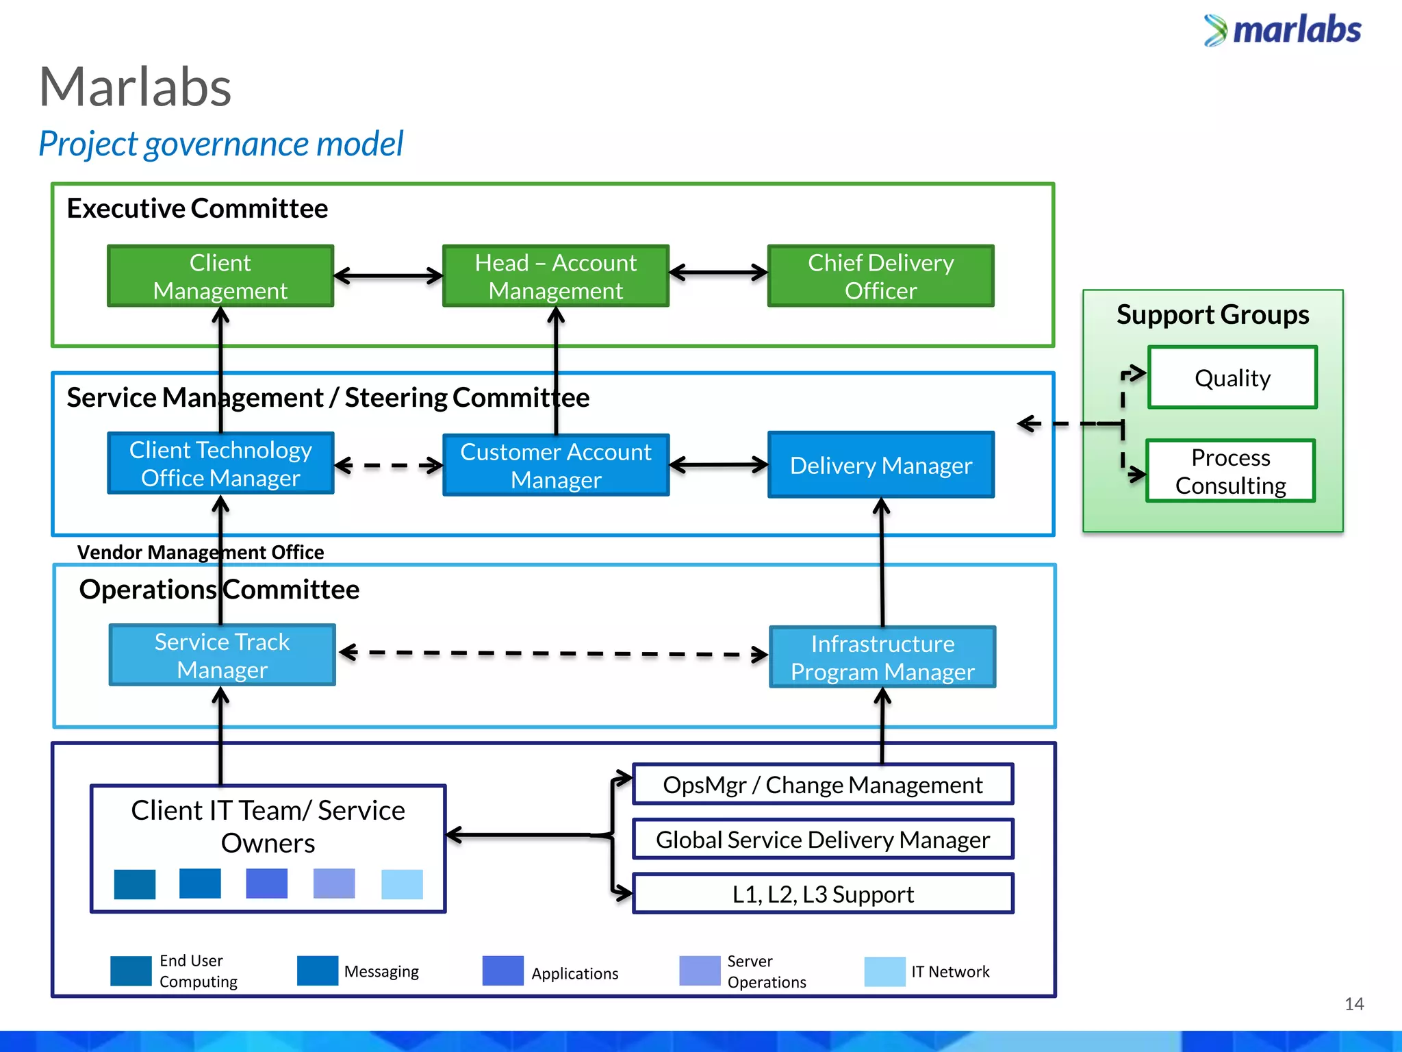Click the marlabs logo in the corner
1283,30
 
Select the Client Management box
220,276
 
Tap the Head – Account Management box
555,276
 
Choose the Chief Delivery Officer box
880,276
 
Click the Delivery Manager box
880,465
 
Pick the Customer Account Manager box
555,465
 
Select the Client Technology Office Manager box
220,463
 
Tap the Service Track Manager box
222,655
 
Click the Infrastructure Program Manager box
882,657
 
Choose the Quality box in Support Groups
1232,377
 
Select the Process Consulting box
1230,471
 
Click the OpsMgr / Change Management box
822,784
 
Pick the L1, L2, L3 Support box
822,894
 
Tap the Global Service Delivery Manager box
822,839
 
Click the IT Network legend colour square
884,971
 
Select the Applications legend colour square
502,971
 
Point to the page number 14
1353,1004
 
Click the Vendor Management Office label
200,552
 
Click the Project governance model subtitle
220,144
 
